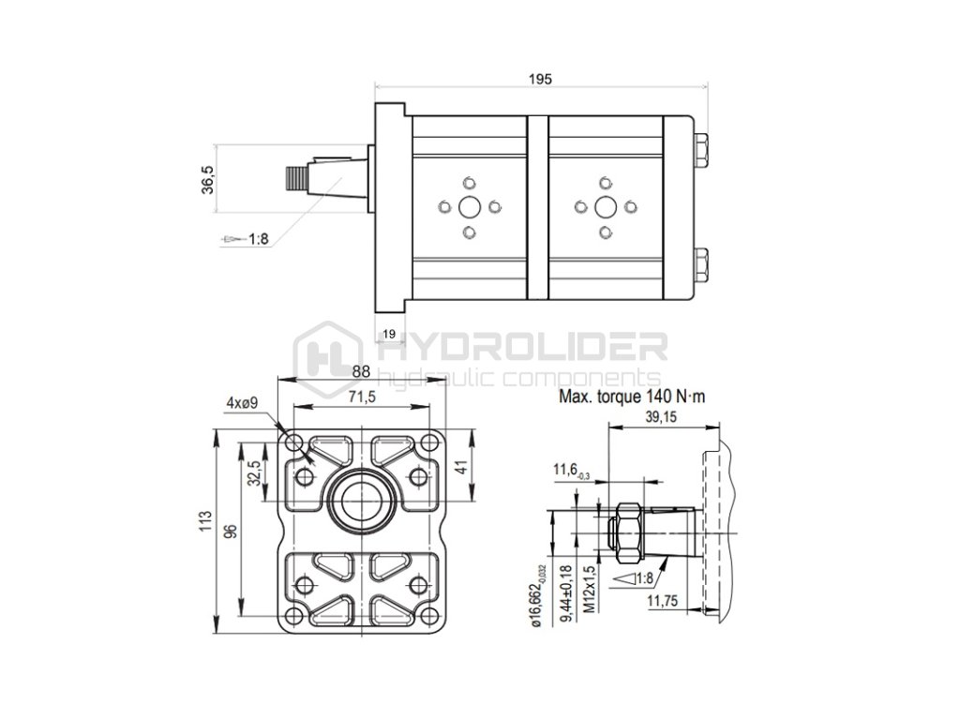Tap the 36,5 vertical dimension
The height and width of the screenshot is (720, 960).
coord(208,179)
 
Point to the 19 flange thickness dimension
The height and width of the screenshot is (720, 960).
coord(388,334)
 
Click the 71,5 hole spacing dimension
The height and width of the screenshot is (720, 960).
coord(362,397)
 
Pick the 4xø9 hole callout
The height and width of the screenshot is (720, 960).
coord(243,403)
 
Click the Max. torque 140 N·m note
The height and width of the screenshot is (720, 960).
coord(631,397)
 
